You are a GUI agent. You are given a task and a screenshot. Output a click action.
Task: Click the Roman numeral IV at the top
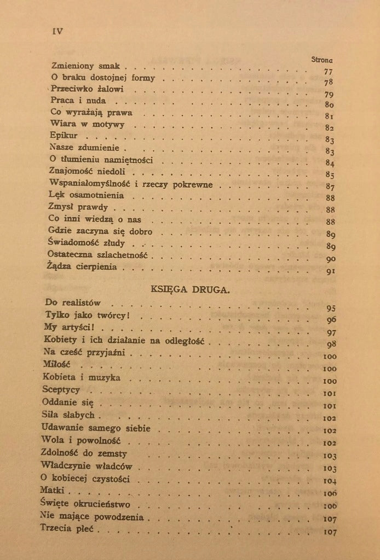tap(57, 31)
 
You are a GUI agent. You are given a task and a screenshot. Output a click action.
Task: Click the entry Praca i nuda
tap(77, 101)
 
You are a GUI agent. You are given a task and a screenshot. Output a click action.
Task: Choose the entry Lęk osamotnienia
tap(86, 195)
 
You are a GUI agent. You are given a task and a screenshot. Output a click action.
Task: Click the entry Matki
tap(54, 492)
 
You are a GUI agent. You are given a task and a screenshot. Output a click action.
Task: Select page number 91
tap(331, 271)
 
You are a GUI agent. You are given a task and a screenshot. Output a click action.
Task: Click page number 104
tap(330, 481)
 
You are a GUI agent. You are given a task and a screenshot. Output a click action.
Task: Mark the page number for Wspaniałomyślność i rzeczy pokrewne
tap(330, 187)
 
